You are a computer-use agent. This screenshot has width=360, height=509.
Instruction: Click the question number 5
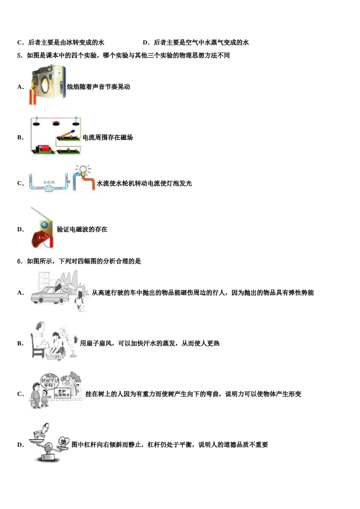[19, 56]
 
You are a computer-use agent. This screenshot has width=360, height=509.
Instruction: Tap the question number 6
[19, 261]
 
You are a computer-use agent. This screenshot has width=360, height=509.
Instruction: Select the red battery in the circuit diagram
[45, 148]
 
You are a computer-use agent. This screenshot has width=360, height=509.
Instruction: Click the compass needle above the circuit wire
[56, 123]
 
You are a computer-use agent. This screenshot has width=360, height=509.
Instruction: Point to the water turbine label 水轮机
[49, 183]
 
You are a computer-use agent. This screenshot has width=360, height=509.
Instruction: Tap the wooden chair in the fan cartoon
[38, 348]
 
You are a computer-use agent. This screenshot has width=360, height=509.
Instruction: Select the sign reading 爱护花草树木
[62, 393]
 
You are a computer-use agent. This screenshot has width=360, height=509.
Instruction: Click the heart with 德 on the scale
[64, 442]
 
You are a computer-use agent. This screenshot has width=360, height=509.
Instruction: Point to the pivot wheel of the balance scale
[48, 448]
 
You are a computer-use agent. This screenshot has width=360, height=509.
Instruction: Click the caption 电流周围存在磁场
[108, 137]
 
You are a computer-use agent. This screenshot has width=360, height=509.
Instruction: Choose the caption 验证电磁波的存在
[82, 230]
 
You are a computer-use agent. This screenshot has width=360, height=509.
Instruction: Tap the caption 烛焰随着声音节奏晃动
[99, 87]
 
